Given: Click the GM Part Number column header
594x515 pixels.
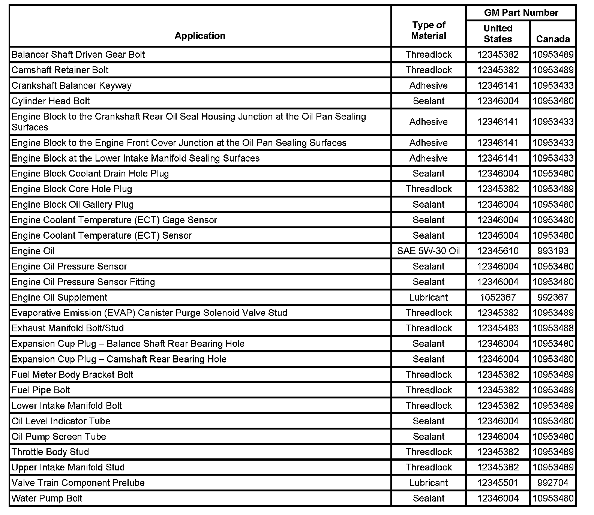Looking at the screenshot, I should point(521,13).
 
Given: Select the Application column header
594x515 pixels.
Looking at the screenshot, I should point(200,36).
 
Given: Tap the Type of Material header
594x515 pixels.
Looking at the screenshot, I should point(429,30).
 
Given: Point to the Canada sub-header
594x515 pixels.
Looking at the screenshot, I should point(553,39).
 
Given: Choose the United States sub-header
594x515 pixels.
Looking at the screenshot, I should point(498,33).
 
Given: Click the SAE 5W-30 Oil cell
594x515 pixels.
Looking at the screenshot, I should point(429,251).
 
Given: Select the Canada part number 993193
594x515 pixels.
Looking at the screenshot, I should point(553,251).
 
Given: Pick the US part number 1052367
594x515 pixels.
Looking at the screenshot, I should point(498,297).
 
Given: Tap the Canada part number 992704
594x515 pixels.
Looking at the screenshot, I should point(553,483).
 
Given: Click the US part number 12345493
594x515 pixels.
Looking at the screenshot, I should point(498,328).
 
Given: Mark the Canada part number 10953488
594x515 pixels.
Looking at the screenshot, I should point(553,328).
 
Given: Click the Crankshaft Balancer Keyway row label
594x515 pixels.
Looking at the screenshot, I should point(72,85).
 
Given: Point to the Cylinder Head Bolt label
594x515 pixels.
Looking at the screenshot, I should point(51,101).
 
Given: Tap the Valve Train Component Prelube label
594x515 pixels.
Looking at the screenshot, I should point(78,483).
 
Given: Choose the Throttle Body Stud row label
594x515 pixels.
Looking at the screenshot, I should point(50,452).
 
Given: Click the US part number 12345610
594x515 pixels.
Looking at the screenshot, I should point(498,251).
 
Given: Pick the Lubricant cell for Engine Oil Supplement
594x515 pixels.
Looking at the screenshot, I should point(429,297).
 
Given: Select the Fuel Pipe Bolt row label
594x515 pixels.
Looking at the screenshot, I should point(41,390).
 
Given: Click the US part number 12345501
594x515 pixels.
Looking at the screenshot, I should point(498,483).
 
